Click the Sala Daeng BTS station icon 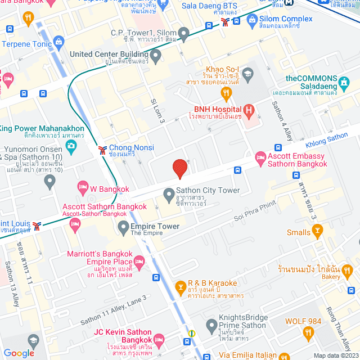coord(225,22)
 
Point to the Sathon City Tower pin coord(168,195)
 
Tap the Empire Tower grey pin coord(123,228)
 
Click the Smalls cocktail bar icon coord(318,230)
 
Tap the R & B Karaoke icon coord(181,287)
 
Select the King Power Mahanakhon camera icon coord(71,146)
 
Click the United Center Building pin coord(155,55)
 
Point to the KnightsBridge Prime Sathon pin coord(211,325)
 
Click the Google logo coord(19,353)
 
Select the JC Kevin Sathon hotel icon coord(159,339)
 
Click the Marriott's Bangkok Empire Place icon coord(139,260)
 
